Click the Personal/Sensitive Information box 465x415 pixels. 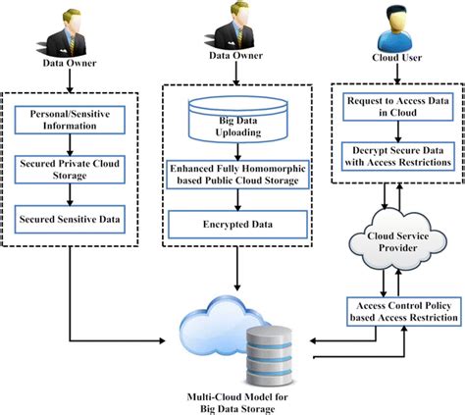tap(70, 120)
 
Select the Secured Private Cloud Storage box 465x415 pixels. tap(70, 170)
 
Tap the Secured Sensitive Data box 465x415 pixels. tap(70, 219)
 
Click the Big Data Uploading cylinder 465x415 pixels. tap(238, 120)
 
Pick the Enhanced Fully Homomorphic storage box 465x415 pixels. tap(237, 175)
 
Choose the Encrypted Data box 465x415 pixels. tap(237, 225)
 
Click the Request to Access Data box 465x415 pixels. tap(398, 107)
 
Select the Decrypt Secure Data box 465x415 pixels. tap(398, 156)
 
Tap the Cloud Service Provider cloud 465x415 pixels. tap(397, 241)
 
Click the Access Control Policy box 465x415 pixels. tap(403, 311)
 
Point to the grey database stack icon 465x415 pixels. tap(269, 356)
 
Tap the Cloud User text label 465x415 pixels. tap(396, 58)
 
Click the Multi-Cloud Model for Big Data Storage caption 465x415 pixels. tap(237, 403)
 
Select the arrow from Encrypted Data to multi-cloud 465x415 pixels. tap(237, 269)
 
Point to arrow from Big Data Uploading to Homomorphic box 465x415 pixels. tap(237, 152)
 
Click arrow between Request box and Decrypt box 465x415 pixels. tap(398, 131)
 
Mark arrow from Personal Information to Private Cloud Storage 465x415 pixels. tap(70, 144)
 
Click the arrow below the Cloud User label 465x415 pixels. tap(397, 74)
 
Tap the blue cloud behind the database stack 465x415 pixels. tap(216, 322)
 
